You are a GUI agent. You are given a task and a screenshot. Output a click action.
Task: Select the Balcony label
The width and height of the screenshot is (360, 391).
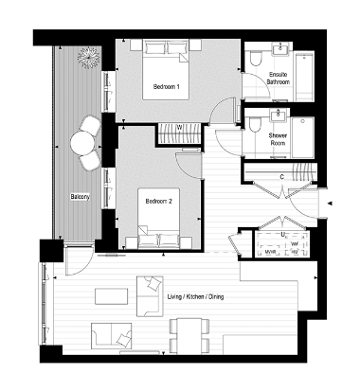tap(80, 197)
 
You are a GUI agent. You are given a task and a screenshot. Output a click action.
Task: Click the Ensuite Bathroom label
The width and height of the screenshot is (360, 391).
tap(278, 78)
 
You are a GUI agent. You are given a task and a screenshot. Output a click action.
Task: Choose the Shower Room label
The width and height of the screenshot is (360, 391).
tap(278, 140)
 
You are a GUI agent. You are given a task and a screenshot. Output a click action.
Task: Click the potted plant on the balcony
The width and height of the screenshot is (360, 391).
tap(90, 59)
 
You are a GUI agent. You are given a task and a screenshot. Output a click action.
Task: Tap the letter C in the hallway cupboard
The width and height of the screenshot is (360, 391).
tap(282, 176)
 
